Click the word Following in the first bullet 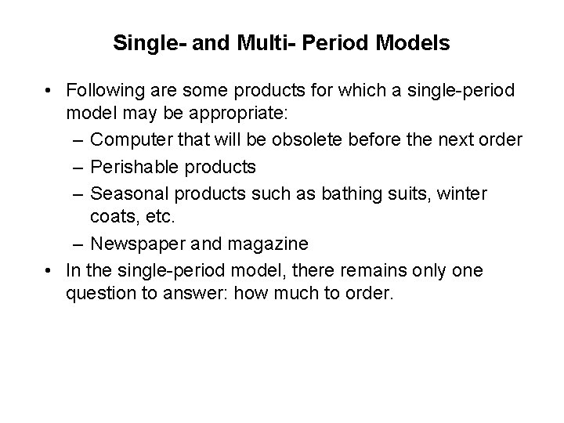tap(102, 91)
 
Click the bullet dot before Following tap(49, 92)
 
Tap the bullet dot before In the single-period tap(49, 271)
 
